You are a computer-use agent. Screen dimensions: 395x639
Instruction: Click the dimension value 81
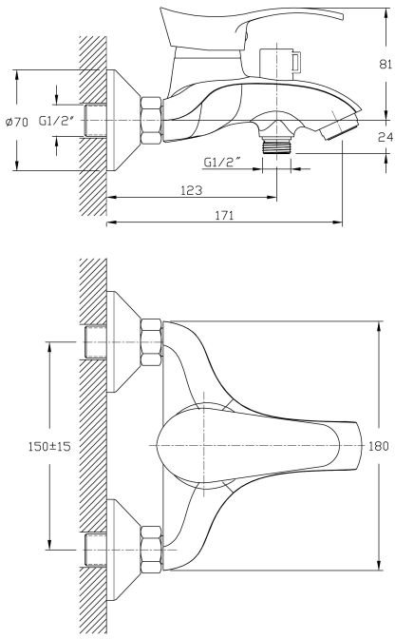pyautogui.click(x=386, y=64)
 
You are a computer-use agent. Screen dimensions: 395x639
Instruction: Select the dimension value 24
pyautogui.click(x=386, y=137)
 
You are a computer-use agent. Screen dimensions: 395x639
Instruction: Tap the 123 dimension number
pyautogui.click(x=191, y=190)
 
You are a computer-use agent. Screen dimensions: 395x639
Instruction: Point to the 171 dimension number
pyautogui.click(x=224, y=215)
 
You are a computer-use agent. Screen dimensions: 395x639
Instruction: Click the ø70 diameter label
pyautogui.click(x=17, y=122)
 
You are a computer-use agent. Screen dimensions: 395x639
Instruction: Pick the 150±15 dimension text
pyautogui.click(x=49, y=446)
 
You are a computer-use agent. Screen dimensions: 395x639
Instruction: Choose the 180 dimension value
pyautogui.click(x=378, y=446)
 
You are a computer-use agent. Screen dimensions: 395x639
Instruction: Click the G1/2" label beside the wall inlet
pyautogui.click(x=57, y=121)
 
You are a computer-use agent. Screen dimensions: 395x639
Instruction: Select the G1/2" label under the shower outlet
pyautogui.click(x=220, y=163)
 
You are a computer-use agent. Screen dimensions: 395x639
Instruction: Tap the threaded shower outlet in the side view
pyautogui.click(x=276, y=145)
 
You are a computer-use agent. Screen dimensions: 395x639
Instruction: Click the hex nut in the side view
pyautogui.click(x=152, y=121)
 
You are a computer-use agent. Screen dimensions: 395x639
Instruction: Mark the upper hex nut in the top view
pyautogui.click(x=151, y=342)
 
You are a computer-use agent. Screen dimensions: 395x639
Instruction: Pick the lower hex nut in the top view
pyautogui.click(x=151, y=550)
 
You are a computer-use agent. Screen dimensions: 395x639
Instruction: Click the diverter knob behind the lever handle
pyautogui.click(x=281, y=63)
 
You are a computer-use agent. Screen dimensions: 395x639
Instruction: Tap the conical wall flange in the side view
pyautogui.click(x=123, y=120)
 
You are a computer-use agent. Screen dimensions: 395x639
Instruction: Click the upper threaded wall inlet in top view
pyautogui.click(x=95, y=342)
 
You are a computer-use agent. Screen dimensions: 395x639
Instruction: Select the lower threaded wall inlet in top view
pyautogui.click(x=95, y=550)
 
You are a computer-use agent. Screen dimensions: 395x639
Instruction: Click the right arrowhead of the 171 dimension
pyautogui.click(x=338, y=223)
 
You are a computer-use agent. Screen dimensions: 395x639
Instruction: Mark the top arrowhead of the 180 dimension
pyautogui.click(x=379, y=326)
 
